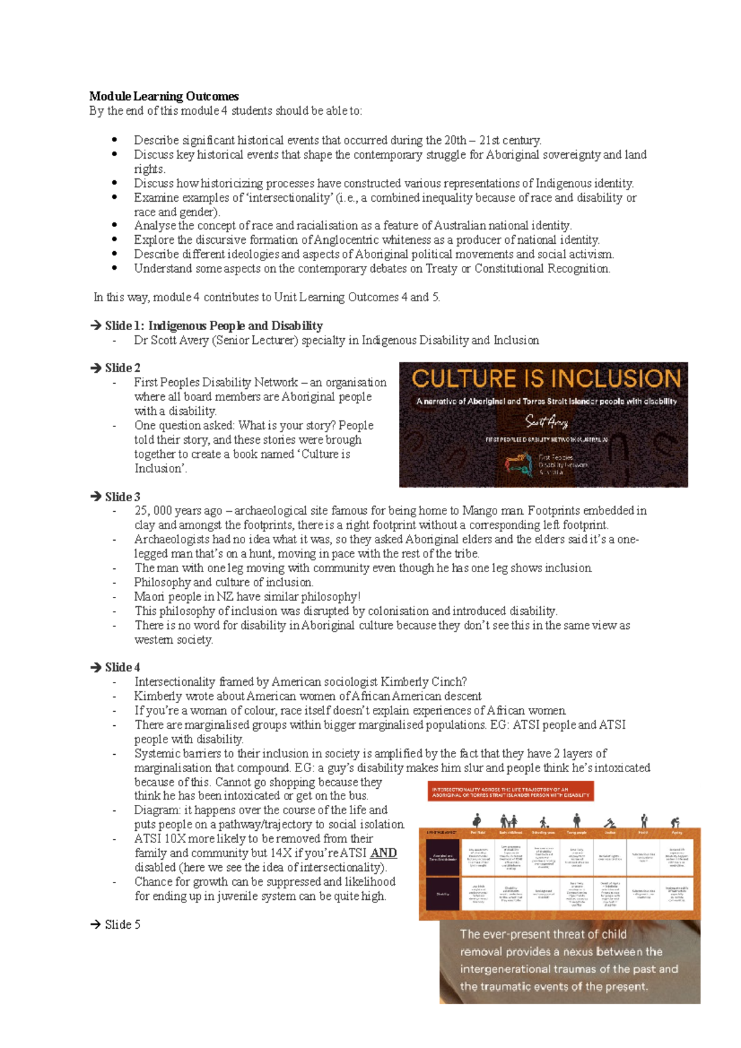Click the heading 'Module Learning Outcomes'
(x=164, y=96)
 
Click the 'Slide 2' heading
(x=122, y=368)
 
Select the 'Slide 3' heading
(x=122, y=497)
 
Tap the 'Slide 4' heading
(x=122, y=667)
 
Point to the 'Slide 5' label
(x=122, y=925)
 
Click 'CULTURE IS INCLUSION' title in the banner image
(x=546, y=378)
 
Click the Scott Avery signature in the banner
(x=546, y=422)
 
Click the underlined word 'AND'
(x=383, y=853)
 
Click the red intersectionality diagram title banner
(x=511, y=792)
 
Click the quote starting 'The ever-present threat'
(x=568, y=960)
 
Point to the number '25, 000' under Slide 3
(x=153, y=511)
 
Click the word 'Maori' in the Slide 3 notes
(x=149, y=597)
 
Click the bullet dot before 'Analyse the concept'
(x=115, y=225)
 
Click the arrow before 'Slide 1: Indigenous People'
(x=96, y=326)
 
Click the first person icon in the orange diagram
(x=477, y=821)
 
